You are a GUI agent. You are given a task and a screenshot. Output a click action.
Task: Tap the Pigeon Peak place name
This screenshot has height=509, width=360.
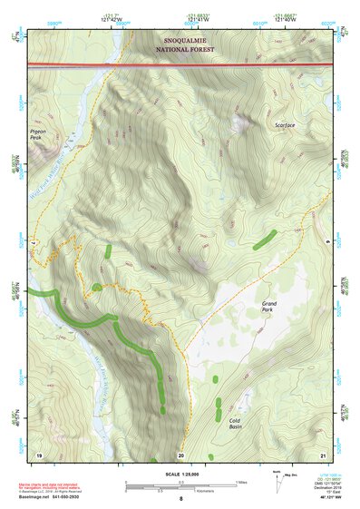[x=38, y=135]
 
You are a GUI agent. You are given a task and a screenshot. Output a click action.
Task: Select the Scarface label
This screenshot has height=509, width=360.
[x=285, y=124]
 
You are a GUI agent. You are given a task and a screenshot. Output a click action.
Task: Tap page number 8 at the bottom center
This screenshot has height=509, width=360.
[x=180, y=499]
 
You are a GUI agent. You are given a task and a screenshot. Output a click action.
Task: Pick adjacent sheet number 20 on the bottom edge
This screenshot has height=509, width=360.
[x=180, y=454]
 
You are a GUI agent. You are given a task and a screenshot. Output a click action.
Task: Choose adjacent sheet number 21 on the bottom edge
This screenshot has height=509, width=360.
[x=322, y=454]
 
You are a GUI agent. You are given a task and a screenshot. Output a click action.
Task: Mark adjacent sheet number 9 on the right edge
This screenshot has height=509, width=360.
[x=328, y=243]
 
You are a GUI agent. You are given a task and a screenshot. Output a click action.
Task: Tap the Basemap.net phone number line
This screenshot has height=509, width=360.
[x=56, y=498]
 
